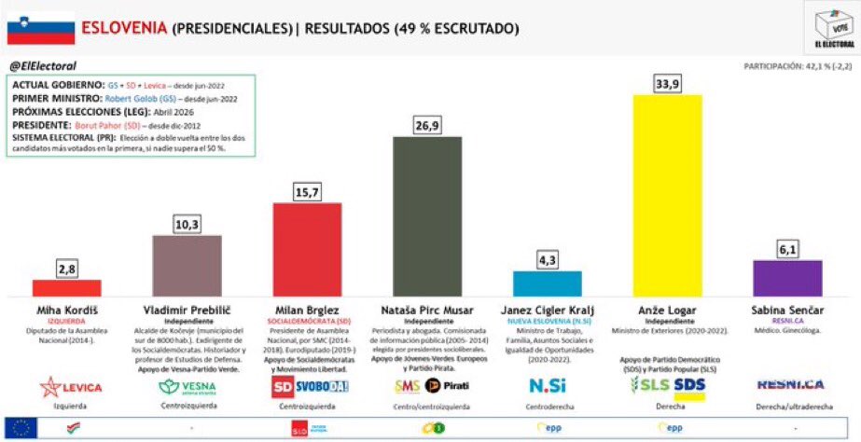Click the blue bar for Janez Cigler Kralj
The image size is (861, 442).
pos(547,283)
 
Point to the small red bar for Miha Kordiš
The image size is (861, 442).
pos(67,287)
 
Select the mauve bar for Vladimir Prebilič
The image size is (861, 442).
pos(187,265)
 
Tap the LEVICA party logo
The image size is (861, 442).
pos(67,385)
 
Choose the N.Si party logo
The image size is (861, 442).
pos(548,386)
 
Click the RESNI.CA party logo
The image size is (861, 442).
pos(786,384)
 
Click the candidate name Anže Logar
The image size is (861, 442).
pos(667,309)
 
